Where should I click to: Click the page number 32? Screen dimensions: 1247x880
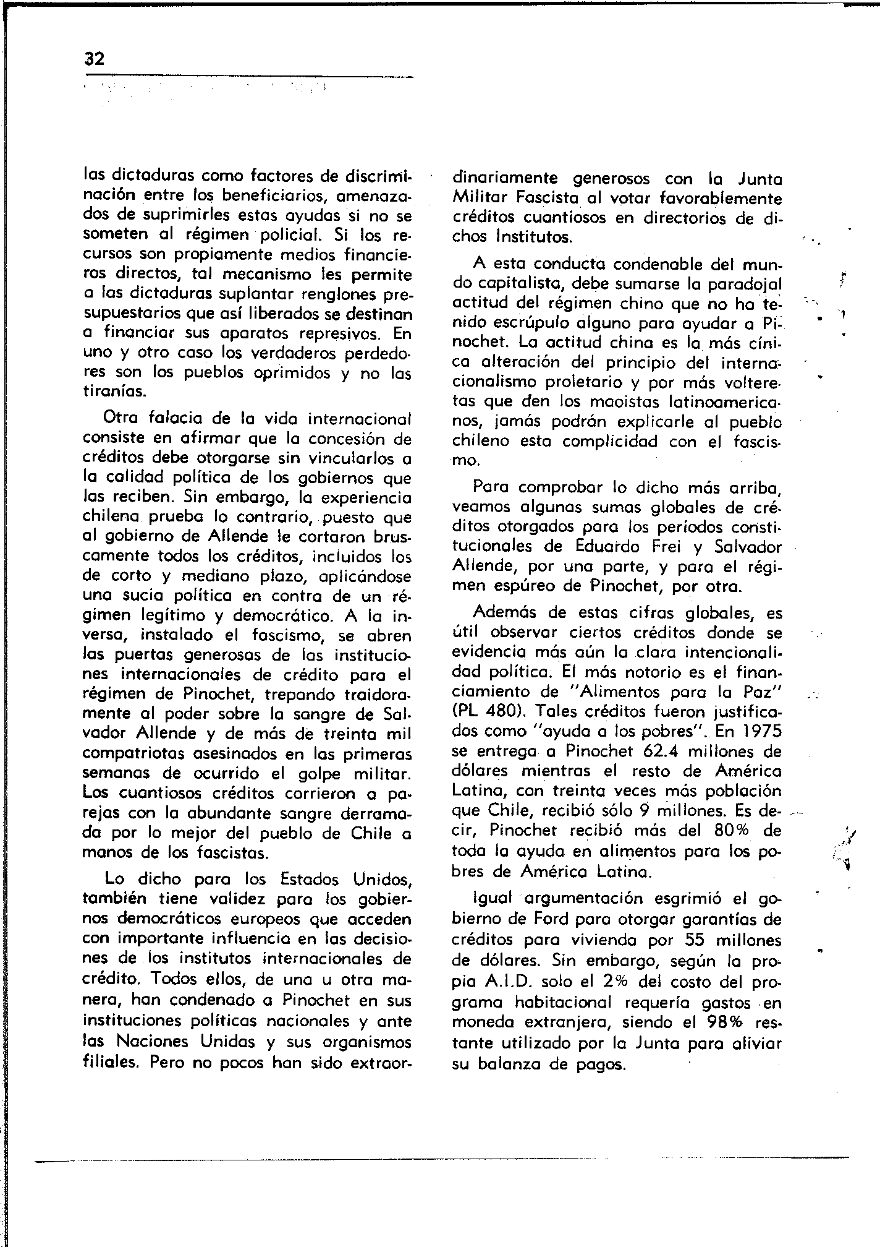[x=95, y=59]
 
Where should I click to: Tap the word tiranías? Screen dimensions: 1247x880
[x=114, y=392]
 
